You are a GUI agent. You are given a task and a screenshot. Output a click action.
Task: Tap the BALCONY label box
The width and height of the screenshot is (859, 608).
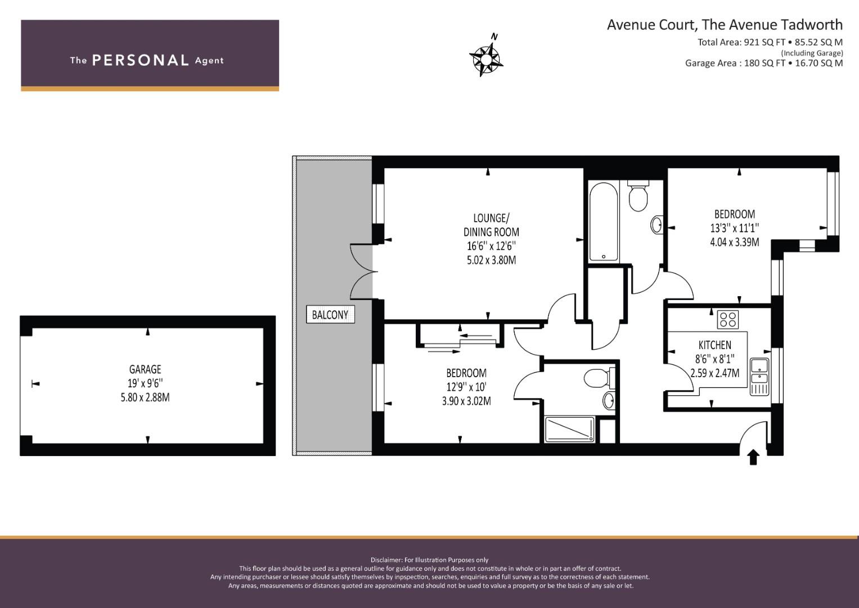(x=330, y=314)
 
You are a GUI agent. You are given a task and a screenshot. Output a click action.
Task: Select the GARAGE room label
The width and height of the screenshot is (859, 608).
(x=145, y=369)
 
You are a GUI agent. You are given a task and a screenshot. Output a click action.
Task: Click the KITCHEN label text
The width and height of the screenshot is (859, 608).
(x=715, y=345)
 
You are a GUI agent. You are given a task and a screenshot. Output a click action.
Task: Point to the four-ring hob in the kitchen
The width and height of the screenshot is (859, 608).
(x=728, y=319)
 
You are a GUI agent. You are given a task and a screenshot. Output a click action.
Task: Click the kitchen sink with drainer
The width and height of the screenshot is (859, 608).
(x=759, y=377)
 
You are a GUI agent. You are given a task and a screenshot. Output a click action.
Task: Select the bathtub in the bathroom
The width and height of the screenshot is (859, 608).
(x=604, y=221)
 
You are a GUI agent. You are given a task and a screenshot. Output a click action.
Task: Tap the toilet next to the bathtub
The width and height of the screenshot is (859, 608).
(x=638, y=195)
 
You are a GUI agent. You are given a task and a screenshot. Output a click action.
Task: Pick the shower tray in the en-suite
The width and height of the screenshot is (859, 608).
(x=569, y=429)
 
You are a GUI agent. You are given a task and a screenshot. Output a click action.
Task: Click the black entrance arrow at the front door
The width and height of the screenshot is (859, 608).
(x=754, y=458)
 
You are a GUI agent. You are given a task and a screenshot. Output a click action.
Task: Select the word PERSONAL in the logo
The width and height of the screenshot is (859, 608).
(x=141, y=60)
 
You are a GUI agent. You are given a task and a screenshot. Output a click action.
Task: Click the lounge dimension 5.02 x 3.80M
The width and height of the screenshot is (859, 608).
(x=491, y=260)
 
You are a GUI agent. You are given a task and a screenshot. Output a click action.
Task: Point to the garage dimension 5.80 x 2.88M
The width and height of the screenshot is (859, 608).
(x=145, y=397)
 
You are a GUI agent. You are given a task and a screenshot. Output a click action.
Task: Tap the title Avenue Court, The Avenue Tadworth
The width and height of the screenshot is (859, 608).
(x=725, y=25)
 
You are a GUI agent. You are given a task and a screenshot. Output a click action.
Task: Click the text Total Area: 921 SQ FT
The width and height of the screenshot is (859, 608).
(x=741, y=42)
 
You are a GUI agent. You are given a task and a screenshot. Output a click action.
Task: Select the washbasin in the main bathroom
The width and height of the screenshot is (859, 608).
(x=657, y=225)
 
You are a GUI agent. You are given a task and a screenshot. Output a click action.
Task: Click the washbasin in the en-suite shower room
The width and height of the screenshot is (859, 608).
(x=609, y=401)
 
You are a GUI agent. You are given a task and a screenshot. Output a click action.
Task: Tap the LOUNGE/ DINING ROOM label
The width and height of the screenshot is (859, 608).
(x=491, y=225)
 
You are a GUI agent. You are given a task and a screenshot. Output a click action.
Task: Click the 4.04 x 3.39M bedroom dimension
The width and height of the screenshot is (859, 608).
(x=734, y=242)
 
